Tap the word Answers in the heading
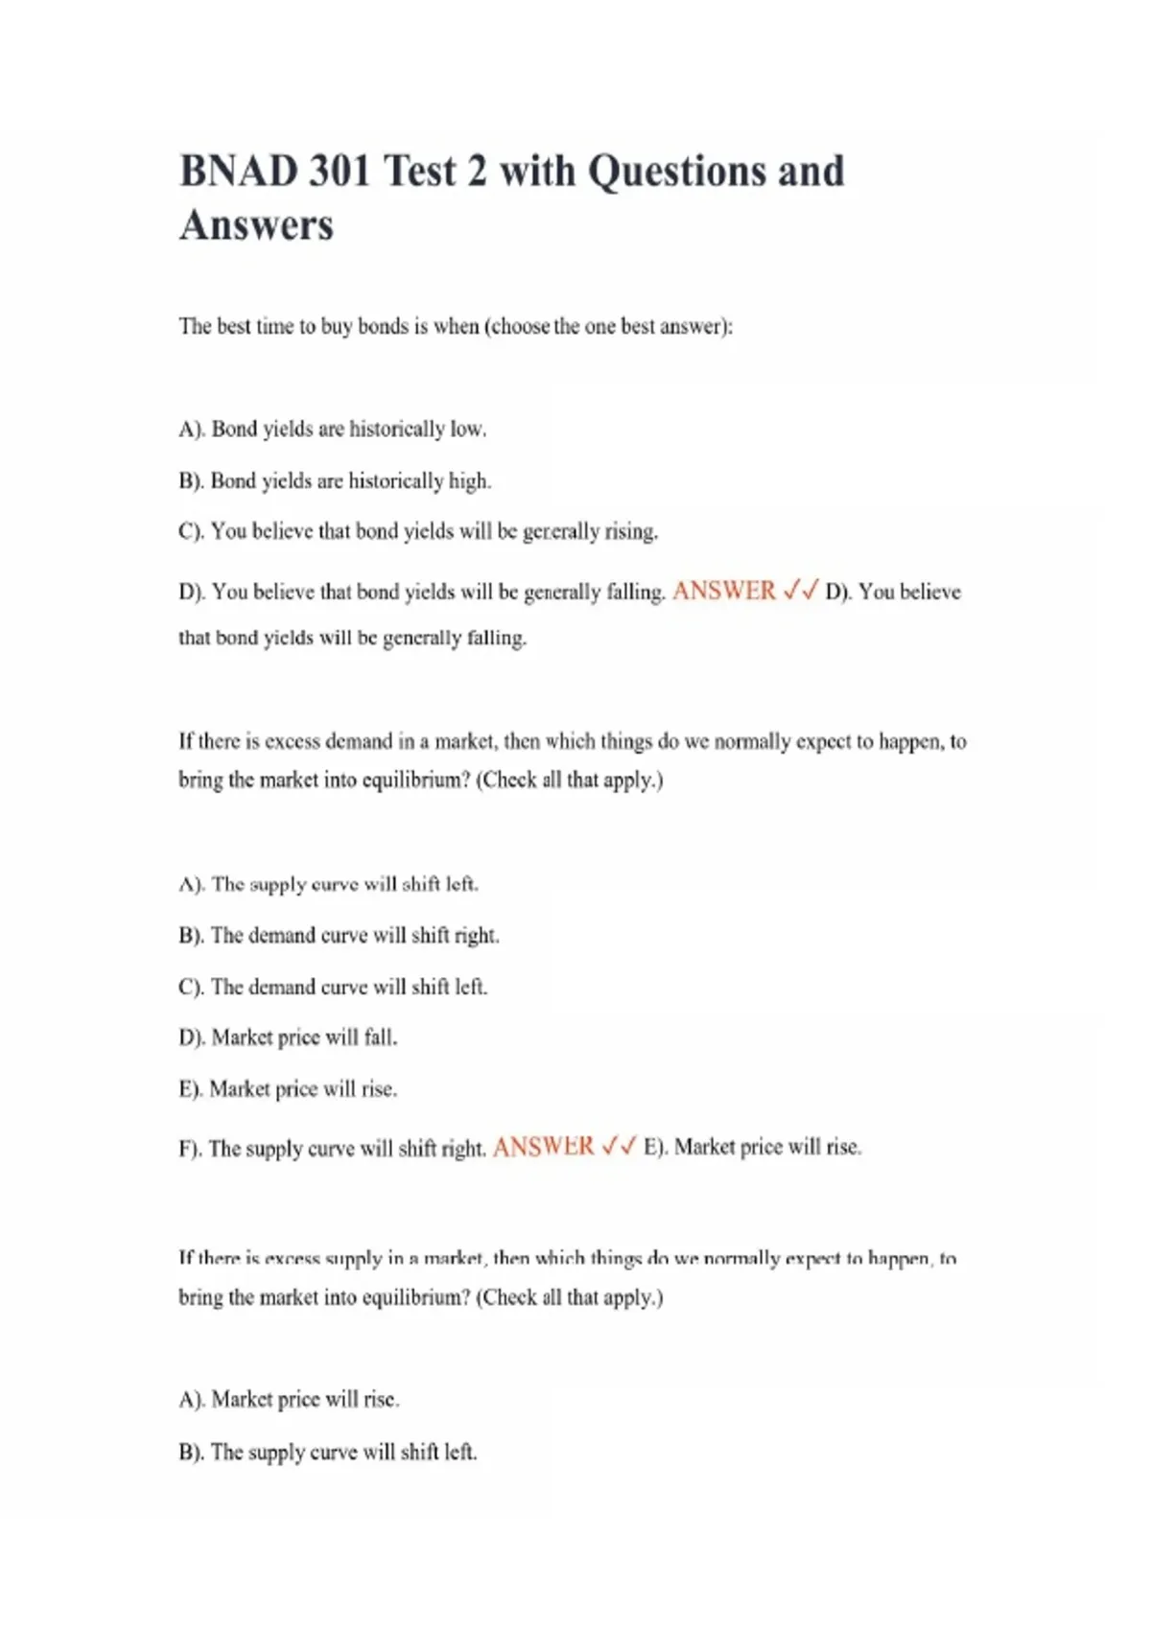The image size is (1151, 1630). click(256, 226)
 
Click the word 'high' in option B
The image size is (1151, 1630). click(468, 480)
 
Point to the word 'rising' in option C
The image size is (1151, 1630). click(630, 531)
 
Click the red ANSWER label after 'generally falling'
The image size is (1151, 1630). click(724, 591)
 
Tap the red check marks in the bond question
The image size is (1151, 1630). click(800, 591)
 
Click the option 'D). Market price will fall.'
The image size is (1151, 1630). click(288, 1037)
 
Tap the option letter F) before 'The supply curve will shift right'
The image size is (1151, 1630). click(190, 1149)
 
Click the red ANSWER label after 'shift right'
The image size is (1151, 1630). click(544, 1147)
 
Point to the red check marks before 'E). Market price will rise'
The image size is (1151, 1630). click(619, 1147)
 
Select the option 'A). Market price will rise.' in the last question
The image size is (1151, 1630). click(289, 1400)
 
